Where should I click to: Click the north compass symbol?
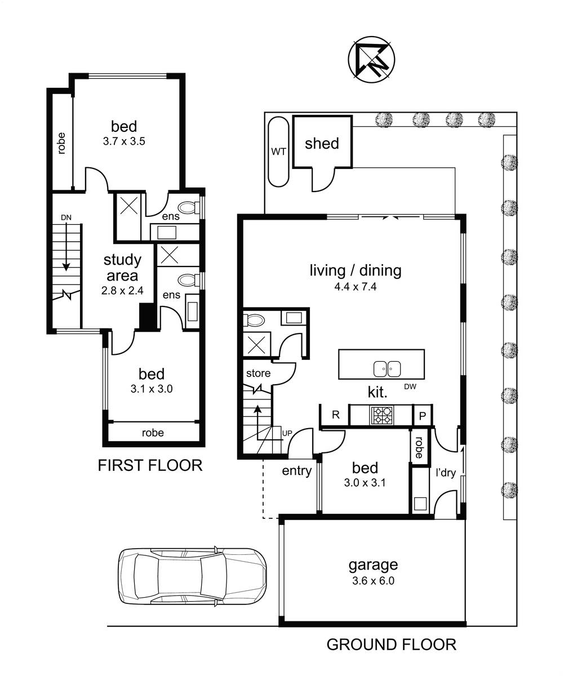pos(371,60)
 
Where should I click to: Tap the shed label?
pos(322,144)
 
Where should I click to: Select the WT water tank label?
pos(278,152)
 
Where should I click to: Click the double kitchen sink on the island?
pos(387,369)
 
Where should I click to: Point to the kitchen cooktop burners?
pos(382,415)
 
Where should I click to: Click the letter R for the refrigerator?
pos(336,415)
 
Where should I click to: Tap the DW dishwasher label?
pos(410,386)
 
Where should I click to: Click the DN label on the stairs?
pos(66,217)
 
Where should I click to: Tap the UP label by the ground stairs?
pos(287,433)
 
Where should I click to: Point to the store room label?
pos(258,373)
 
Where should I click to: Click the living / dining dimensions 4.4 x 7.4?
pos(355,287)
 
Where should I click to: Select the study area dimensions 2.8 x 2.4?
pos(122,291)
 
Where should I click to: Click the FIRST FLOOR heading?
pos(150,465)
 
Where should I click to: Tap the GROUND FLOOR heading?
pos(391,644)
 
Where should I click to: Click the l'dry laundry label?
pos(446,473)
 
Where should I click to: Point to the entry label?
pos(296,471)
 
